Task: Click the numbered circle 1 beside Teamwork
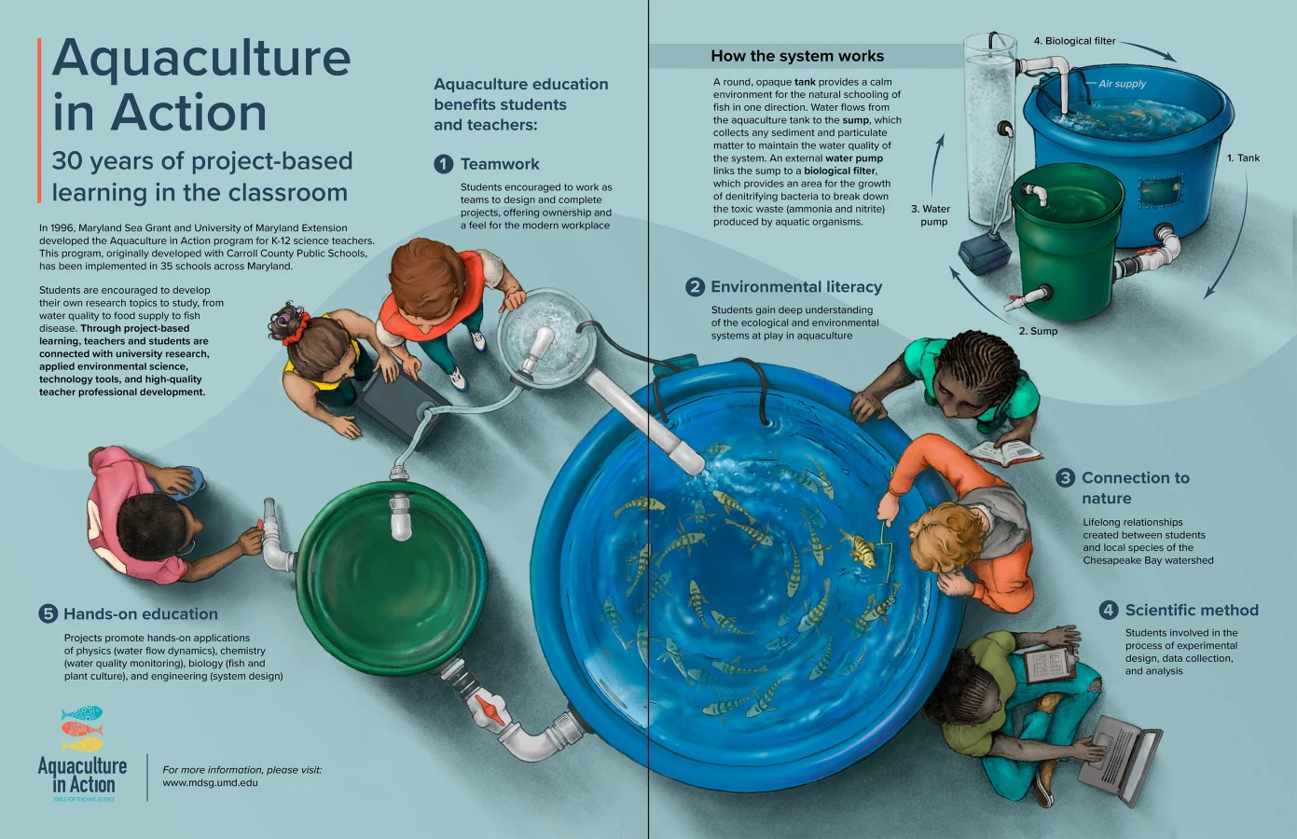(444, 164)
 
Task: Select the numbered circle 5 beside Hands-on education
(48, 613)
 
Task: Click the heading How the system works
(797, 56)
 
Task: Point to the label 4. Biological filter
(1074, 40)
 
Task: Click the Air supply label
(1122, 83)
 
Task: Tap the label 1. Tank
(1243, 158)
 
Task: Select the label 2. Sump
(1038, 331)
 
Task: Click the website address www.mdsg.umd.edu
(210, 783)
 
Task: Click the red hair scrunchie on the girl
(294, 329)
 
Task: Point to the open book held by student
(1004, 453)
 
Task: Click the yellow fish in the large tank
(860, 545)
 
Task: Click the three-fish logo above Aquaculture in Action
(82, 728)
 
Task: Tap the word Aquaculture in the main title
(201, 58)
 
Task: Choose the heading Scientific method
(1192, 610)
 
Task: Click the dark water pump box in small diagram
(984, 254)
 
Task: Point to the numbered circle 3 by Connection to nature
(1066, 477)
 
